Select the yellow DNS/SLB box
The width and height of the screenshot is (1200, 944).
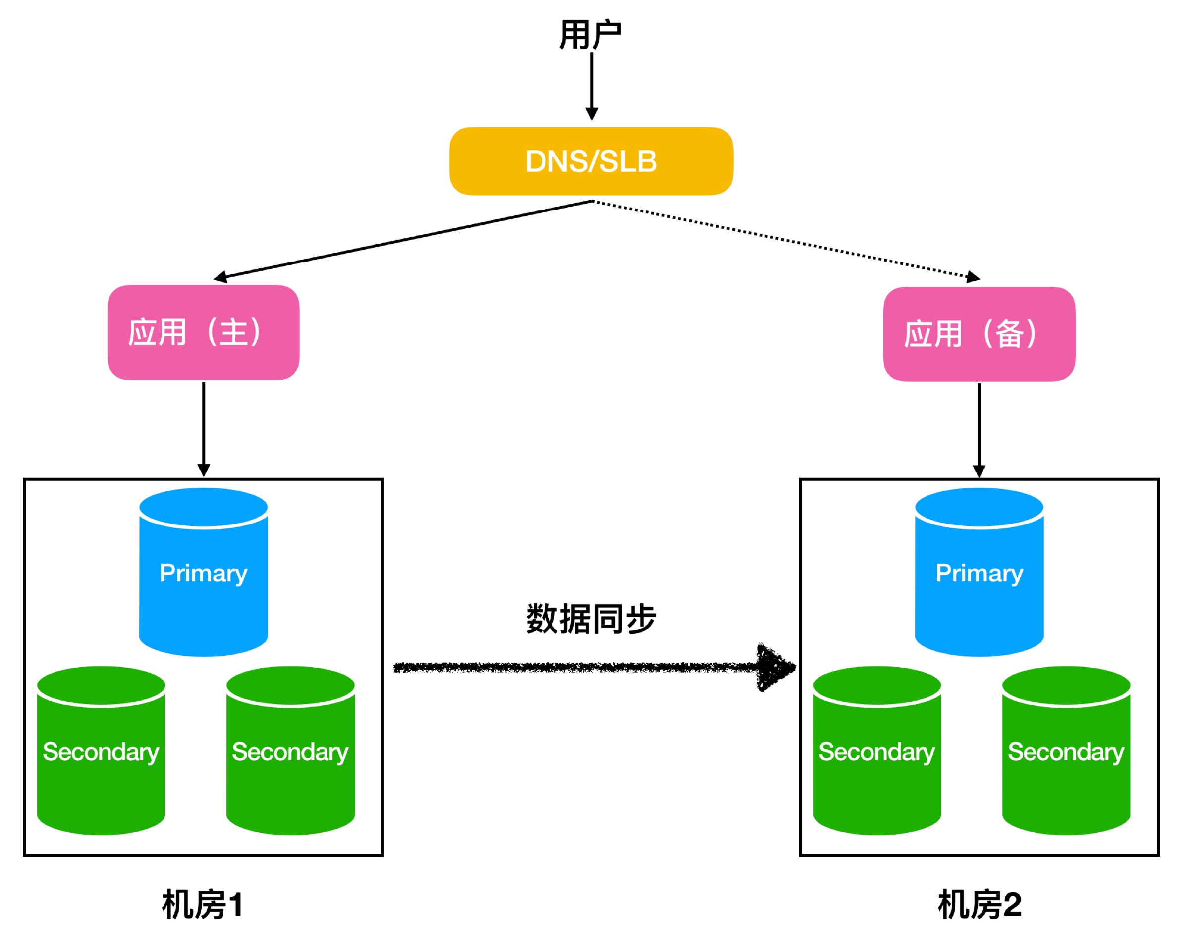(591, 161)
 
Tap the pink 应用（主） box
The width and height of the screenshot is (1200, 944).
(204, 332)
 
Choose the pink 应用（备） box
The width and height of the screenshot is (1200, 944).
(979, 334)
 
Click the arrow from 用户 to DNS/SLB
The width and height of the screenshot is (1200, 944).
(592, 86)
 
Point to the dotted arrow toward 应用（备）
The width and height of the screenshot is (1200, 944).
(785, 239)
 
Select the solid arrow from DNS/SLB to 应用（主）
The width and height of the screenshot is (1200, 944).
(403, 239)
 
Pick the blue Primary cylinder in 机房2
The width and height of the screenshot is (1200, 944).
(979, 597)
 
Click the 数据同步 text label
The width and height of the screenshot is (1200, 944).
(591, 619)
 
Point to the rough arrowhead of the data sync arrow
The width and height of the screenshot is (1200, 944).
(774, 667)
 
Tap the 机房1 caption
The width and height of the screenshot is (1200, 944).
(202, 904)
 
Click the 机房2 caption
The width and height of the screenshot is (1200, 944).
(979, 904)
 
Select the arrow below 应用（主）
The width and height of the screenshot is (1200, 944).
(204, 428)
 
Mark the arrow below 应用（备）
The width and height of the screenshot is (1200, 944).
(979, 429)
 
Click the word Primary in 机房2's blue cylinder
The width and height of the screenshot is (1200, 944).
(979, 573)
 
